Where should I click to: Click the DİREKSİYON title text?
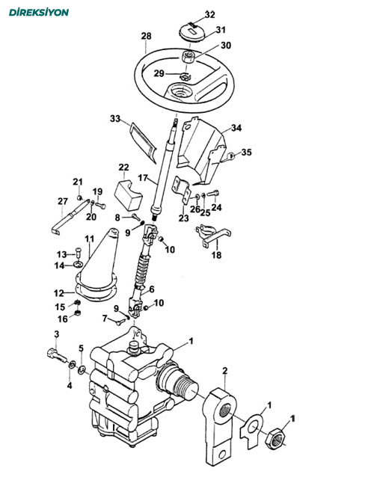(39, 13)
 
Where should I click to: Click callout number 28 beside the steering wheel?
(146, 37)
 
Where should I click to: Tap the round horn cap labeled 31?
(193, 33)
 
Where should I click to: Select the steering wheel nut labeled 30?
(188, 58)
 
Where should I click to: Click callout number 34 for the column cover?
(236, 128)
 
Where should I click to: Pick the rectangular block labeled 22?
(128, 195)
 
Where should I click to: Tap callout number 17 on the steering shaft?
(143, 178)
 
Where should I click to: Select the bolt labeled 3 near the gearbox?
(57, 355)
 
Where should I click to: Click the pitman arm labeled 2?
(219, 427)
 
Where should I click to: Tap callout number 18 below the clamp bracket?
(216, 255)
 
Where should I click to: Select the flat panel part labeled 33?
(144, 142)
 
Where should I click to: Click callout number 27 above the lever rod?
(63, 201)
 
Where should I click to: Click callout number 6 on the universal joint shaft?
(152, 289)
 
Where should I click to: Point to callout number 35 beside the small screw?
(247, 153)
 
